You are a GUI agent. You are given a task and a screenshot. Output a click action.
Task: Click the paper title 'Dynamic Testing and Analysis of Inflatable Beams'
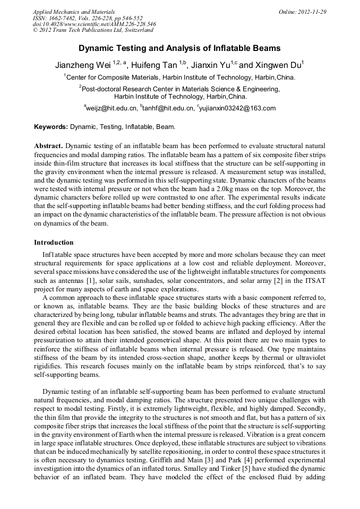(179, 48)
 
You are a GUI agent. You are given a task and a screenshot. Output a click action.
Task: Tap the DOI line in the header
(94, 24)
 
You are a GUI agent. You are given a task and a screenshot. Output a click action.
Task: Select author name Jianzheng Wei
(83, 65)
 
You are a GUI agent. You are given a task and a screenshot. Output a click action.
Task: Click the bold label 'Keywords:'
(51, 127)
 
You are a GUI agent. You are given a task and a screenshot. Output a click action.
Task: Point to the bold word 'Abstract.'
(48, 145)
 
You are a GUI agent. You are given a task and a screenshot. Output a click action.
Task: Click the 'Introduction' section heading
(54, 242)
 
